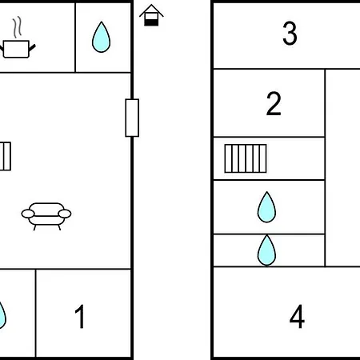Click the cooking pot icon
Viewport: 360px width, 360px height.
pyautogui.click(x=17, y=49)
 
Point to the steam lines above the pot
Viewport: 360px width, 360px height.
pyautogui.click(x=17, y=26)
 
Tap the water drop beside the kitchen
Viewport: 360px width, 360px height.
pyautogui.click(x=101, y=37)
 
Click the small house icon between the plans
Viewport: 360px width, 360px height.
pyautogui.click(x=151, y=15)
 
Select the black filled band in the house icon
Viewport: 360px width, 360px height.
pyautogui.click(x=151, y=22)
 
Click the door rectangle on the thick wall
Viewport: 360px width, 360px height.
pyautogui.click(x=132, y=118)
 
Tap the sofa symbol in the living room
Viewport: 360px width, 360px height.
pyautogui.click(x=46, y=216)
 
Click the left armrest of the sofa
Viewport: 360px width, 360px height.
pyautogui.click(x=28, y=214)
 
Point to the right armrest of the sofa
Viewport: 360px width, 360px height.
pyautogui.click(x=65, y=214)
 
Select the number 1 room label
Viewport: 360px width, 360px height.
pyautogui.click(x=79, y=317)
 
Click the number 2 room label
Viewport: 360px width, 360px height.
pyautogui.click(x=274, y=103)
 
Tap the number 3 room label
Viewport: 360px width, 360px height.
pyautogui.click(x=290, y=34)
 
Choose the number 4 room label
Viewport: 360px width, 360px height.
pyautogui.click(x=297, y=317)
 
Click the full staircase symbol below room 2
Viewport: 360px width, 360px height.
pyautogui.click(x=246, y=158)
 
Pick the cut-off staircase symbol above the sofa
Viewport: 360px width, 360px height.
pyautogui.click(x=6, y=156)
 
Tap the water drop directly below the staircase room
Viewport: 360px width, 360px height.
pyautogui.click(x=266, y=207)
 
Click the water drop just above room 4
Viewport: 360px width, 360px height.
pyautogui.click(x=266, y=250)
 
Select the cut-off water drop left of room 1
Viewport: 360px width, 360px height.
pyautogui.click(x=2, y=314)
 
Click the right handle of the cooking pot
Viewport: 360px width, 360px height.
pyautogui.click(x=32, y=48)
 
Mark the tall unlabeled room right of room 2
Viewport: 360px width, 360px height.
pyautogui.click(x=343, y=168)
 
